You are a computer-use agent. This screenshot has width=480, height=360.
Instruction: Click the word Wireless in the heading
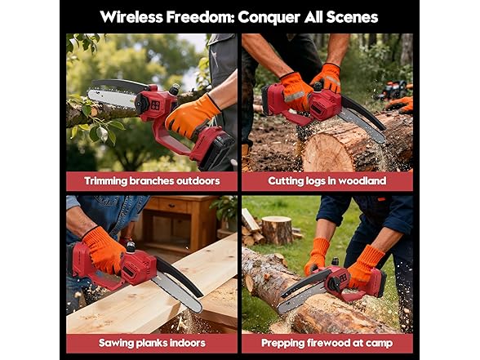point(134,16)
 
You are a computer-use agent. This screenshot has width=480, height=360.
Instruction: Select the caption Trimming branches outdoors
point(151,180)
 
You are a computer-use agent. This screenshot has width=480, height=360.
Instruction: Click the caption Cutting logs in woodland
point(327,180)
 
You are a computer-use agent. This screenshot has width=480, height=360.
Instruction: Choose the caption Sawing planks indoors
point(151,342)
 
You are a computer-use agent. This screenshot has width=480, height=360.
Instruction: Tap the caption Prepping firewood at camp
point(327,342)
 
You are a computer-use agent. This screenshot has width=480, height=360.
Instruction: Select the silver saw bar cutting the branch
point(111,94)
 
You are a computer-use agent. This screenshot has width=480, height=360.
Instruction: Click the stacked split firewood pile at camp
point(251,229)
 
